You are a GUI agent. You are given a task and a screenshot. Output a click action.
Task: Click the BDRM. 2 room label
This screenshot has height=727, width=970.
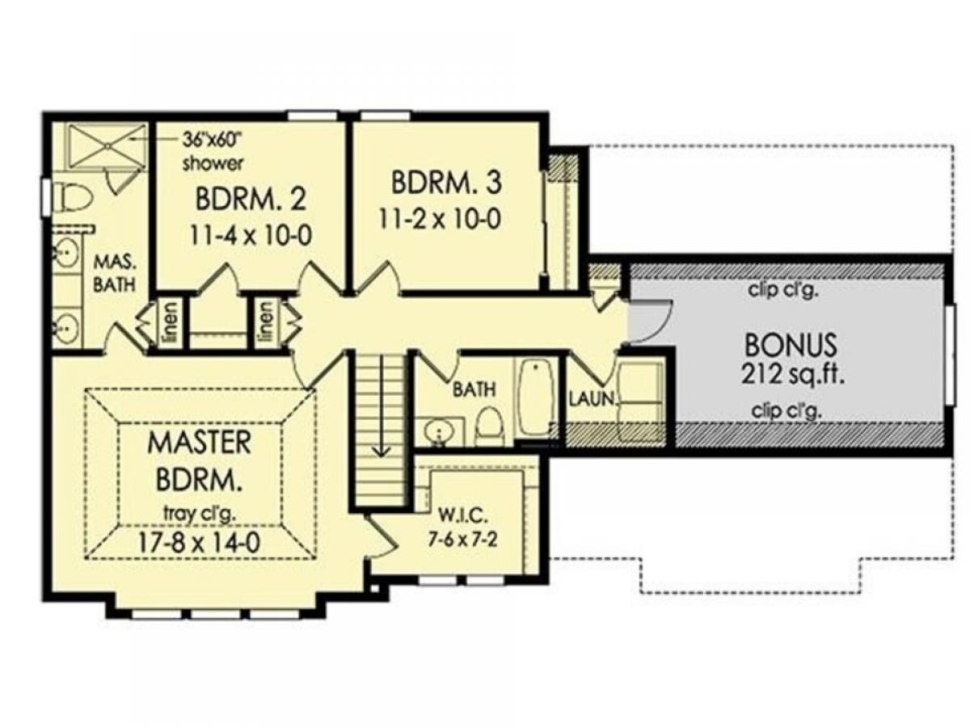click(251, 200)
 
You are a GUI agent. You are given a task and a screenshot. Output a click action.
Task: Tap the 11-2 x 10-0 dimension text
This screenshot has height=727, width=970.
click(440, 218)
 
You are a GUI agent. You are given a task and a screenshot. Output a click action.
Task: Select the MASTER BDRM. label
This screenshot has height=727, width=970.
click(200, 462)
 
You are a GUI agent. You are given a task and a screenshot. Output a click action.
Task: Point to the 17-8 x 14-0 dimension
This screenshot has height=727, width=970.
click(200, 544)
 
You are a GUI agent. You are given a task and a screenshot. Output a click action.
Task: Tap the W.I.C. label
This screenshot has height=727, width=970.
click(462, 515)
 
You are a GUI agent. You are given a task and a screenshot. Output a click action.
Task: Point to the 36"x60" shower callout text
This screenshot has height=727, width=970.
click(213, 151)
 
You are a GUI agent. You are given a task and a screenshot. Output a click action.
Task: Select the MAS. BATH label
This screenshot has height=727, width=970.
click(115, 274)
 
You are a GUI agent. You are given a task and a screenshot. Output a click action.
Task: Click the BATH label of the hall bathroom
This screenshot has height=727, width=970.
click(474, 389)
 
